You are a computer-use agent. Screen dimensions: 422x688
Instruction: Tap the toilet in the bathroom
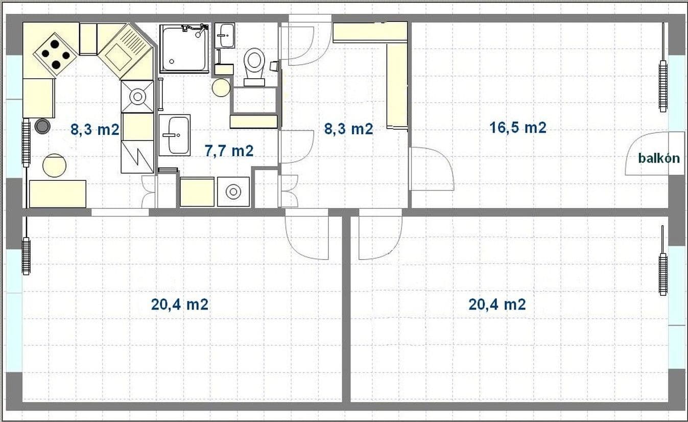click(x=253, y=65)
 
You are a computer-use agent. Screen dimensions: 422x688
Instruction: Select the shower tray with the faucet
click(x=184, y=48)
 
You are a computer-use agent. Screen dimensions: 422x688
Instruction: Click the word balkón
click(x=659, y=158)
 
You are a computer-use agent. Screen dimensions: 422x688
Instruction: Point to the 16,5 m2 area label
click(x=518, y=128)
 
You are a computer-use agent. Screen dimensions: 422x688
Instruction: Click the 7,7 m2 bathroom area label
click(x=229, y=151)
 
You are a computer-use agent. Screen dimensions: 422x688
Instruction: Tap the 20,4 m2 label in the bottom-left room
click(x=179, y=304)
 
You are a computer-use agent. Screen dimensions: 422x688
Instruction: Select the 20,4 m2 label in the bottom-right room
click(x=497, y=304)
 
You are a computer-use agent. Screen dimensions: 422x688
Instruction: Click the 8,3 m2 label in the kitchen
click(x=94, y=130)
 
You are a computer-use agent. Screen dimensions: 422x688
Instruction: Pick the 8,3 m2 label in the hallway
click(x=348, y=129)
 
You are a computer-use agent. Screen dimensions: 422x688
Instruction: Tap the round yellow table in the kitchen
click(x=54, y=165)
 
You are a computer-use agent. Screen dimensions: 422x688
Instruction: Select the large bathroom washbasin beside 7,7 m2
click(x=174, y=135)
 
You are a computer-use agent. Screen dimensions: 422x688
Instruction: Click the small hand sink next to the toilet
click(x=224, y=35)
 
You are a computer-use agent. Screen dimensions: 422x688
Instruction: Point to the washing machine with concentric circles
click(x=233, y=192)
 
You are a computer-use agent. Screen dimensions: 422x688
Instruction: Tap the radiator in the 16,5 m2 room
click(x=662, y=86)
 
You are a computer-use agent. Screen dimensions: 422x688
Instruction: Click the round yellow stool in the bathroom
click(x=221, y=87)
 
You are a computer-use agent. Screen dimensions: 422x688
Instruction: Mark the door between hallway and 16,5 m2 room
click(x=432, y=169)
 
